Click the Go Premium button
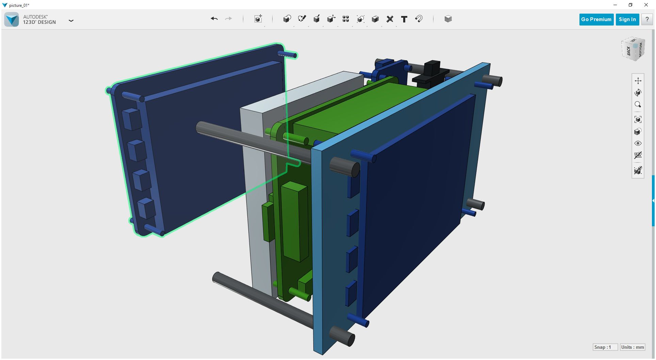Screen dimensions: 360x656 (x=596, y=19)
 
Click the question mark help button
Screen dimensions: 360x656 (x=647, y=19)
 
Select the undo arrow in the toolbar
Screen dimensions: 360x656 (x=214, y=19)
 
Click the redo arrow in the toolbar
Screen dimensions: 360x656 (x=229, y=19)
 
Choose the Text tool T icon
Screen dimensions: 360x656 (x=404, y=19)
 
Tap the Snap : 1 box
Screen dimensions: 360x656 (x=605, y=347)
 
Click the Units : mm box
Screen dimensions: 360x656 (x=632, y=347)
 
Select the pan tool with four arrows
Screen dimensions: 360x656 (x=638, y=81)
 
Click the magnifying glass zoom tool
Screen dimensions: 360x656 (x=638, y=104)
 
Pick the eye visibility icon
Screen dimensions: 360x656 (x=638, y=143)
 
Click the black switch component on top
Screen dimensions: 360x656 (x=430, y=73)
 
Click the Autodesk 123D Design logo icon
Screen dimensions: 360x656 (x=12, y=19)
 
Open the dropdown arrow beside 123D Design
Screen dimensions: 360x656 (x=71, y=20)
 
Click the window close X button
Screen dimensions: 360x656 (x=646, y=5)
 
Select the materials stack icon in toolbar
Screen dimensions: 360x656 (x=448, y=19)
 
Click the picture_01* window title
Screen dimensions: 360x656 (x=19, y=5)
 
